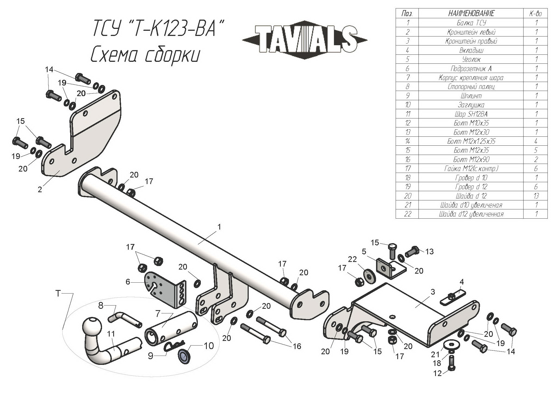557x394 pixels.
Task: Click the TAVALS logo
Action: [x=305, y=39]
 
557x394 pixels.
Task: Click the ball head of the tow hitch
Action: [x=92, y=325]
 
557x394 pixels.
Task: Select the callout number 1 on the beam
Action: [x=219, y=227]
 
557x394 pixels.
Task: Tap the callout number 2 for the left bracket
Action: [x=40, y=190]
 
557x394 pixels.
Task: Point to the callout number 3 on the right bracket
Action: [x=433, y=292]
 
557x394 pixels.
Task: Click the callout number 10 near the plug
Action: [x=209, y=346]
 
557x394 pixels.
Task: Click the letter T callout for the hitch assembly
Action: [x=58, y=293]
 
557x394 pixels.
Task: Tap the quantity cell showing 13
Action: [x=536, y=196]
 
